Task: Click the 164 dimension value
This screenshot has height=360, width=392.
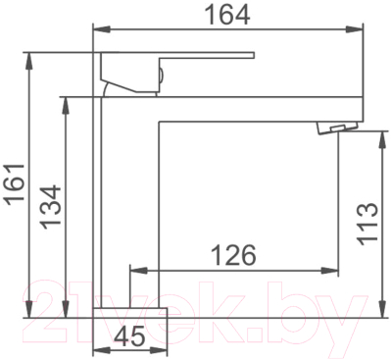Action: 228,15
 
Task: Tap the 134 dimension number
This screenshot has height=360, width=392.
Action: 51,207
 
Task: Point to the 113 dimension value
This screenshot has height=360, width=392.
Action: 367,223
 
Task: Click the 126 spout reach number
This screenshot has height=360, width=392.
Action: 234,255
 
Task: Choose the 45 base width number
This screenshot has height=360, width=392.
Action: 130,336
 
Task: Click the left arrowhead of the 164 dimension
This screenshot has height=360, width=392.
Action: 102,29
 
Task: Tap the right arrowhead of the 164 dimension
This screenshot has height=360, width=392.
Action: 355,29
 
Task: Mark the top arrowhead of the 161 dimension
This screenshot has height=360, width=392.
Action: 29,61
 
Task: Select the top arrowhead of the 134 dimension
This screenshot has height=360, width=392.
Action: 67,105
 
